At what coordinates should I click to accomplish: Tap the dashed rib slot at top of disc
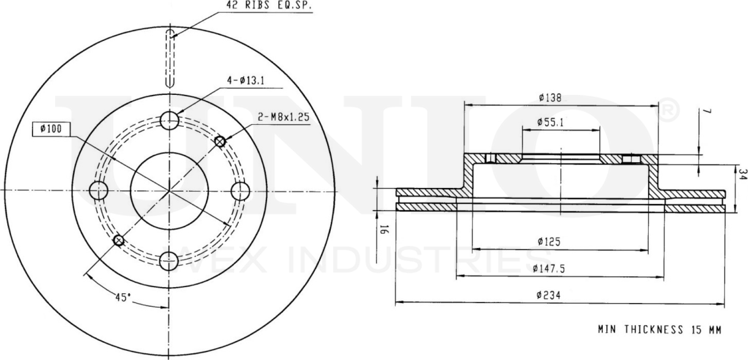pyautogui.click(x=171, y=58)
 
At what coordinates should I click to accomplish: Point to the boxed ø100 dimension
pyautogui.click(x=51, y=129)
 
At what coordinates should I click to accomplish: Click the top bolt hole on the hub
pyautogui.click(x=169, y=121)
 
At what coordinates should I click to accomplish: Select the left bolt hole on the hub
pyautogui.click(x=98, y=191)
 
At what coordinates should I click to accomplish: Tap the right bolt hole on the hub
pyautogui.click(x=240, y=191)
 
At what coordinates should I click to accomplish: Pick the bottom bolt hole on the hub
pyautogui.click(x=169, y=261)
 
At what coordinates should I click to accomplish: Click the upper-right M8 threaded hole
pyautogui.click(x=220, y=141)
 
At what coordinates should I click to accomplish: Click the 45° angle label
pyautogui.click(x=123, y=298)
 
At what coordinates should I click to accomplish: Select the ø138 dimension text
pyautogui.click(x=550, y=97)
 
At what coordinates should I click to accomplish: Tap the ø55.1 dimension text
pyautogui.click(x=550, y=122)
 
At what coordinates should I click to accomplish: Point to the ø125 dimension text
pyautogui.click(x=549, y=242)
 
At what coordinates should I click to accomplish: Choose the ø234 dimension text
pyautogui.click(x=548, y=294)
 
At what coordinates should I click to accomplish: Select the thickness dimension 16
pyautogui.click(x=384, y=231)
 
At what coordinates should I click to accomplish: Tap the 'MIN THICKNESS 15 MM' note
pyautogui.click(x=659, y=329)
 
